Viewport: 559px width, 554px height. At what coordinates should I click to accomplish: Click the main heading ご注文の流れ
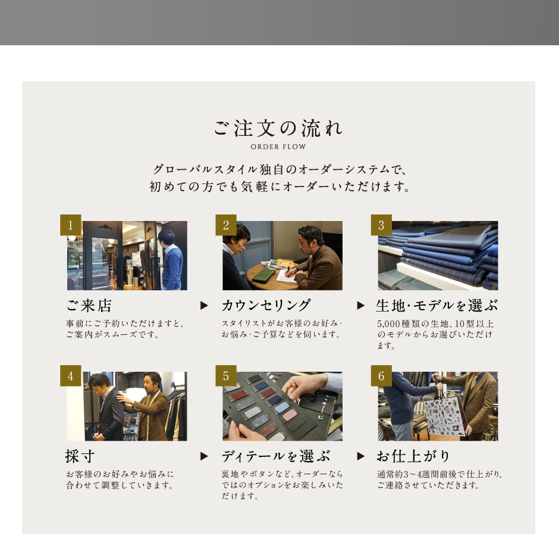(278, 128)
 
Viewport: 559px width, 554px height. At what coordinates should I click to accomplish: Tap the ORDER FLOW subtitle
(278, 147)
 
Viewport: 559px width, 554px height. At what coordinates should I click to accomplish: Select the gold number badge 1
(71, 225)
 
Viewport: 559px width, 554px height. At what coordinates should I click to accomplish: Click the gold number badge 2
(226, 225)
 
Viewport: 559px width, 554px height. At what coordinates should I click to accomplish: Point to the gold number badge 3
(381, 225)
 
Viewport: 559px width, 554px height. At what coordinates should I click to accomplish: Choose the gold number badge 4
(71, 376)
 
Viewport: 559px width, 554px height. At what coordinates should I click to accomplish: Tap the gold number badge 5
(226, 376)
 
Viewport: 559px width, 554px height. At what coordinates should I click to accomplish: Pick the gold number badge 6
(381, 376)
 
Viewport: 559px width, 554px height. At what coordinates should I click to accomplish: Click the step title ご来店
(89, 306)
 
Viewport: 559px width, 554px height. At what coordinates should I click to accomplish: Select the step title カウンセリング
(266, 306)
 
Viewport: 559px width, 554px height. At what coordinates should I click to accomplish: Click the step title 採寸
(80, 456)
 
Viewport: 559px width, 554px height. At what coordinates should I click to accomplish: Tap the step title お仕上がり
(413, 456)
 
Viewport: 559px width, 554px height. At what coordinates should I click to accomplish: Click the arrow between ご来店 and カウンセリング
(204, 306)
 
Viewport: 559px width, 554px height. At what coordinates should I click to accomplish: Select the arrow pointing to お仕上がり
(361, 456)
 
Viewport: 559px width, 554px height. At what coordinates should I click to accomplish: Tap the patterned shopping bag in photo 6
(445, 417)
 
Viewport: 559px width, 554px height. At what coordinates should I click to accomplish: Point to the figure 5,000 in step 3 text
(388, 324)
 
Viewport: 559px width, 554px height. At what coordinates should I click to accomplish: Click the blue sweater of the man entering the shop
(172, 267)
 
